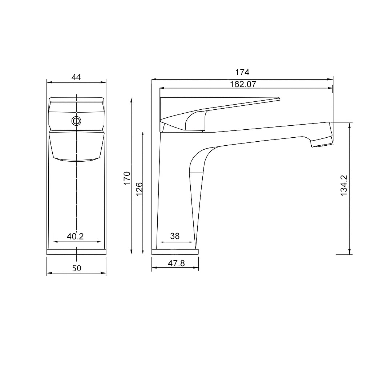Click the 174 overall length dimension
pos(242,72)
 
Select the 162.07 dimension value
pos(243,84)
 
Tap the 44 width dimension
pos(76,77)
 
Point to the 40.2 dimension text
pos(75,236)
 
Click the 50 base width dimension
pos(77,268)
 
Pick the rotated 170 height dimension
pos(127,178)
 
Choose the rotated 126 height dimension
pos(139,189)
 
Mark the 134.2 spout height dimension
pos(344,186)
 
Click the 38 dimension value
pos(175,236)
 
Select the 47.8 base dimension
pos(176,263)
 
